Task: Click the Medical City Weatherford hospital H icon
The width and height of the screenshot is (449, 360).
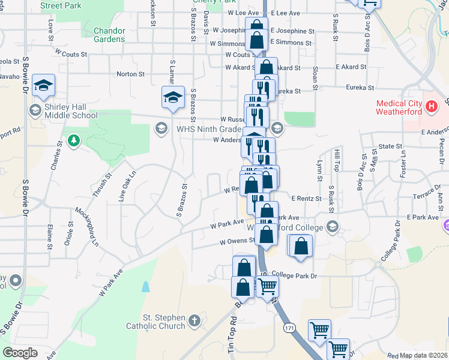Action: point(430,107)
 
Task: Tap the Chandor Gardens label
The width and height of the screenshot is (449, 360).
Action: point(109,35)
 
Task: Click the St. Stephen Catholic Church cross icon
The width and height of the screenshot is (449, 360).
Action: point(194,320)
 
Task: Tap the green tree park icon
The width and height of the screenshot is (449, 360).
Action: point(73,141)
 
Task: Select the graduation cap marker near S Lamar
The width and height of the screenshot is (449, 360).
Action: point(173,98)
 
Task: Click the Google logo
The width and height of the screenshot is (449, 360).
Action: point(20,352)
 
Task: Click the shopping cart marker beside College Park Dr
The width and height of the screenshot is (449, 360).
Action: point(267,286)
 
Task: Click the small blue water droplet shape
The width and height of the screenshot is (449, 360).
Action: point(146,286)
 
